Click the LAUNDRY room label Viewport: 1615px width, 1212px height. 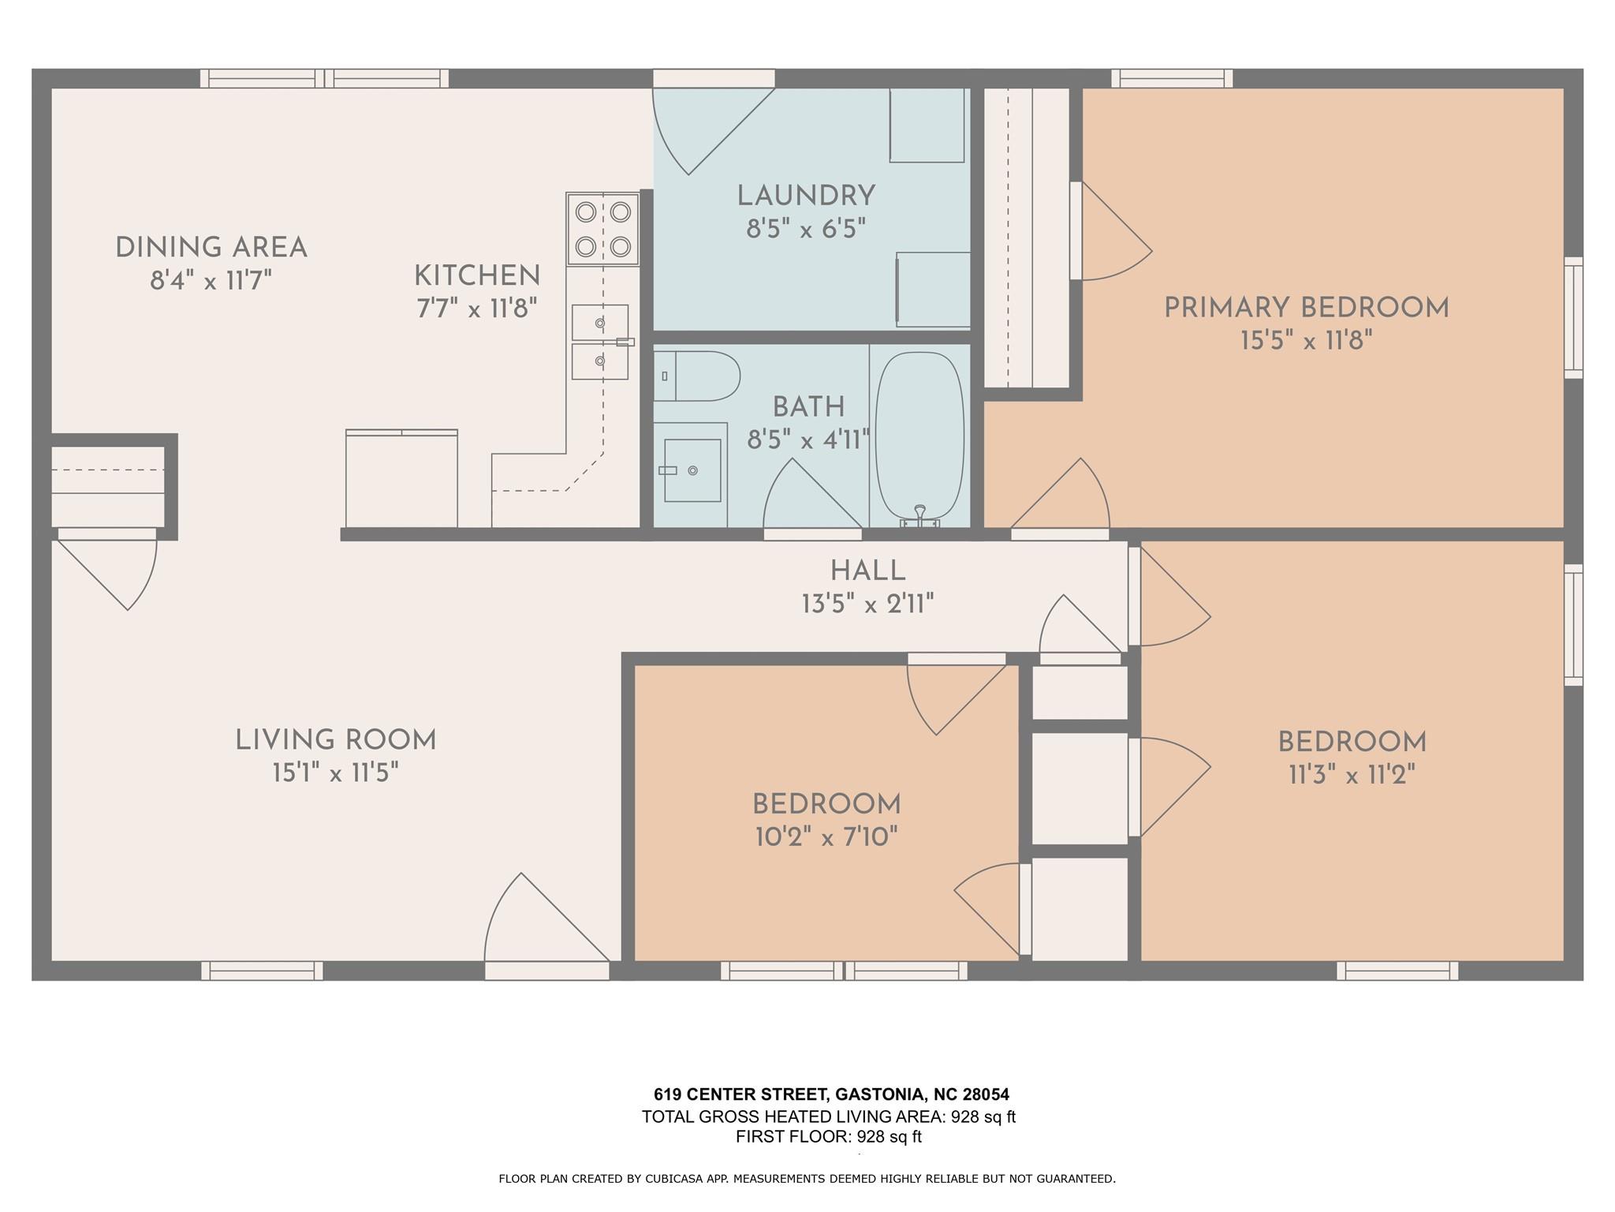click(806, 196)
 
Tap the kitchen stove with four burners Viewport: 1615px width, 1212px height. click(602, 229)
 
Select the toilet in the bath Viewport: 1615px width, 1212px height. click(696, 376)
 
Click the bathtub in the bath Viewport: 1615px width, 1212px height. click(920, 436)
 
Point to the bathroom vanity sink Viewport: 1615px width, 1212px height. click(692, 470)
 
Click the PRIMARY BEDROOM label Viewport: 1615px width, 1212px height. click(1307, 308)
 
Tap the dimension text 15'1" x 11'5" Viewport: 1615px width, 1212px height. click(335, 773)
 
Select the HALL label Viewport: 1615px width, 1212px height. click(867, 570)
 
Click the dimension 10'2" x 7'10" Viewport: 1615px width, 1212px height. click(826, 836)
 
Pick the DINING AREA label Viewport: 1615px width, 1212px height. click(211, 248)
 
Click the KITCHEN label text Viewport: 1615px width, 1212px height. click(477, 276)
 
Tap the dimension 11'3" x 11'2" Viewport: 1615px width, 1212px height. click(1352, 775)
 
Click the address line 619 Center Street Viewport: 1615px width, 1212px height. click(831, 1094)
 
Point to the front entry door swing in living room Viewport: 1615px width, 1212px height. click(546, 917)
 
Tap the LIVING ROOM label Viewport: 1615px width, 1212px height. click(336, 740)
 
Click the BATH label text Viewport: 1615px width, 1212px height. click(808, 407)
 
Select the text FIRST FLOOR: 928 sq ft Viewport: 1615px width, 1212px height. click(829, 1137)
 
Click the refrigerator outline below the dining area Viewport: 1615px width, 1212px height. click(401, 478)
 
